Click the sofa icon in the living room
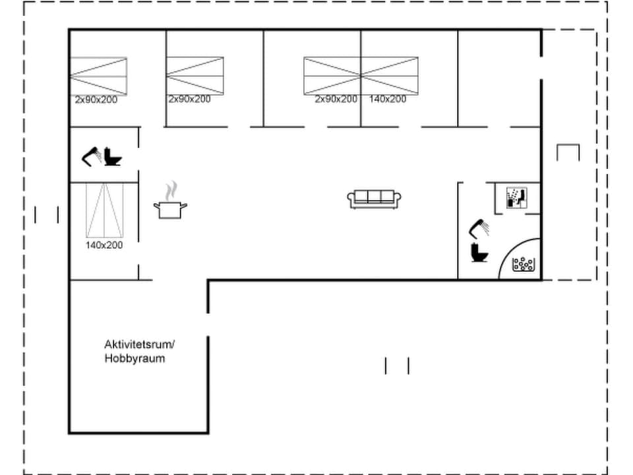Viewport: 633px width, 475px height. click(375, 199)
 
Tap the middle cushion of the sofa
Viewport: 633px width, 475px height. click(375, 197)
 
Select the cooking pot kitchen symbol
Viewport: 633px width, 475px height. click(170, 210)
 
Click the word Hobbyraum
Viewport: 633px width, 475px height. click(135, 359)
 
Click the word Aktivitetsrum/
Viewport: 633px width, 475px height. click(138, 344)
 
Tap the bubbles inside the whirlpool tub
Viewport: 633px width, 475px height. click(524, 265)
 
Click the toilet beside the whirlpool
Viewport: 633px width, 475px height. click(478, 253)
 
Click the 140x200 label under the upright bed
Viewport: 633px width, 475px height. click(104, 245)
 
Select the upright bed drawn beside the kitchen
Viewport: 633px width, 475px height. click(104, 210)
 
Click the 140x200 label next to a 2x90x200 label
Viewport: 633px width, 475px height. click(388, 100)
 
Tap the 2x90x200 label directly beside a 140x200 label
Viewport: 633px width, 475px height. click(336, 100)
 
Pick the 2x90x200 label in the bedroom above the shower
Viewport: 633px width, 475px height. click(96, 100)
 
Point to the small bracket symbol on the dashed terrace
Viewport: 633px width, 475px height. click(568, 152)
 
